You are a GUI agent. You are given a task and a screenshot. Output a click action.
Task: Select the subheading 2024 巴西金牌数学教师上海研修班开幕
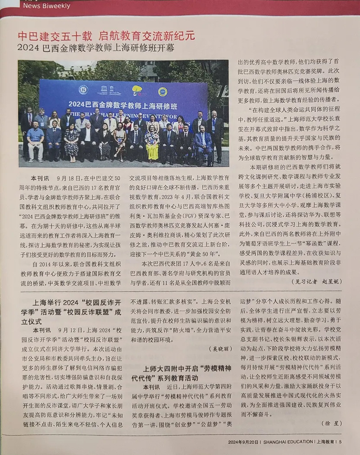pyautogui.click(x=96, y=48)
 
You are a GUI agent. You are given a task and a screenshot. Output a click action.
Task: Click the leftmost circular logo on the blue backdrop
pyautogui.click(x=83, y=90)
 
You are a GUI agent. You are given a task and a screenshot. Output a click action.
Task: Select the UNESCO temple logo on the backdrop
pyautogui.click(x=109, y=90)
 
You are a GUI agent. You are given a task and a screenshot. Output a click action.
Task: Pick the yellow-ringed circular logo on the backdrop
pyautogui.click(x=162, y=92)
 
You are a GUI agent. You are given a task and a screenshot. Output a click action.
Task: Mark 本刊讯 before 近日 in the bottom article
pyautogui.click(x=151, y=387)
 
